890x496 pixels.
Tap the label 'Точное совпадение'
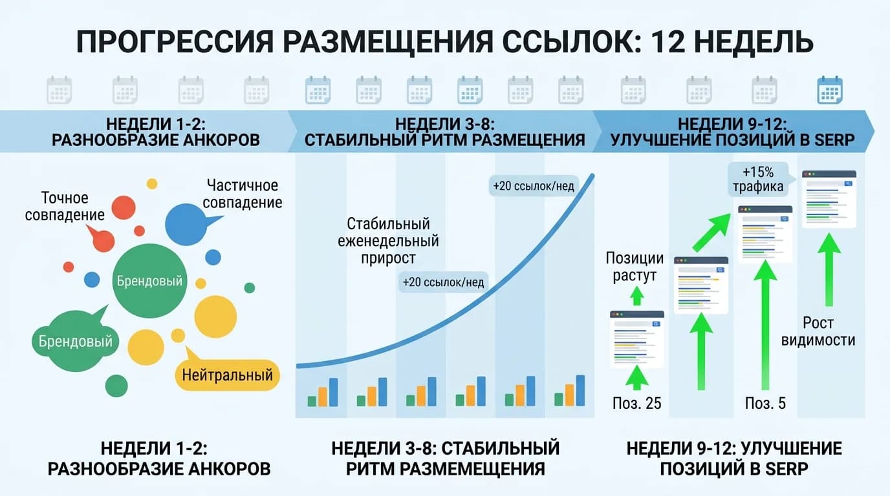65,207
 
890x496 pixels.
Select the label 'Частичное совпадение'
243,194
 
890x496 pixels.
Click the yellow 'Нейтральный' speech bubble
228,375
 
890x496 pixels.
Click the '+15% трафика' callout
757,179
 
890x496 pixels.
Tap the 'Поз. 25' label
637,404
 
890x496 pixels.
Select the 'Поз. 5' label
765,404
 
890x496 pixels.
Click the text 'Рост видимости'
818,331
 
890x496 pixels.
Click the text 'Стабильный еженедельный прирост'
389,241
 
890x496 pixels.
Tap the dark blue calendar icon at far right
830,90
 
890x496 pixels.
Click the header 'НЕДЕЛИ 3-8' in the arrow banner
444,123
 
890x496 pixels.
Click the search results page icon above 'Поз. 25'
637,338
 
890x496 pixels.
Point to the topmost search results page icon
829,199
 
